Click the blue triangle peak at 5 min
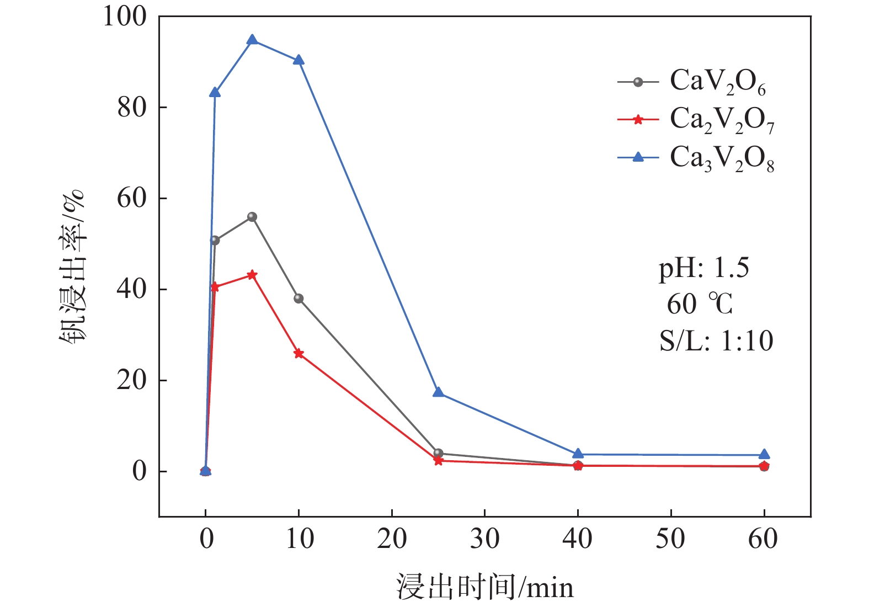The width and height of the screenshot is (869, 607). (252, 40)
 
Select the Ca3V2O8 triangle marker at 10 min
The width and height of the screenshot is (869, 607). (298, 60)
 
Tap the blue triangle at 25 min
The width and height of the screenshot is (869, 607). (438, 392)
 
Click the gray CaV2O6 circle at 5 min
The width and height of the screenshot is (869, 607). (252, 217)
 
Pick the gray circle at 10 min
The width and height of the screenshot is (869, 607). (298, 299)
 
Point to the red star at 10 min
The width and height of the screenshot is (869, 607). (298, 353)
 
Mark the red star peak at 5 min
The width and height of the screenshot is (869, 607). (252, 275)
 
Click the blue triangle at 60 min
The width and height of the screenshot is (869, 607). (764, 455)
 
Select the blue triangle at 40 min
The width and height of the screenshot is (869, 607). (578, 454)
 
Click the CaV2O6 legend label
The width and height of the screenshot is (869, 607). (717, 82)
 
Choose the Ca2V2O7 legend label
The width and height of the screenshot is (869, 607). (722, 120)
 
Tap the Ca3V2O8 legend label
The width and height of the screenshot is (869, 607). (722, 158)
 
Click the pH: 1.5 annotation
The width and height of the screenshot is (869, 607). (703, 269)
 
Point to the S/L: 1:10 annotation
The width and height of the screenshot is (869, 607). (716, 341)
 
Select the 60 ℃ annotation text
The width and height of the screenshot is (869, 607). (699, 304)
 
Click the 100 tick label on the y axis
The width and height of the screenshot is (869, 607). (125, 17)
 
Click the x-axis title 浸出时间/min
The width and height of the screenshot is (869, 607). (484, 587)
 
